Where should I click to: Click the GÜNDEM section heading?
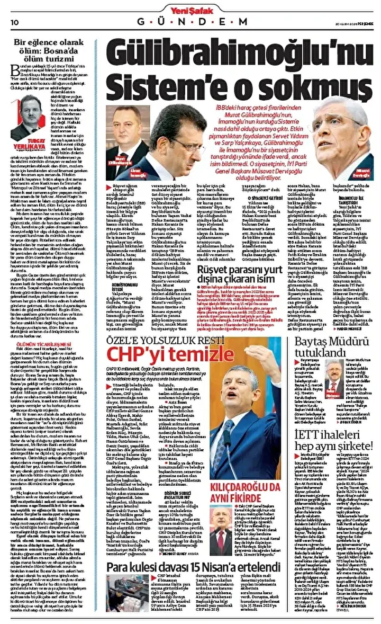click(x=192, y=22)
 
